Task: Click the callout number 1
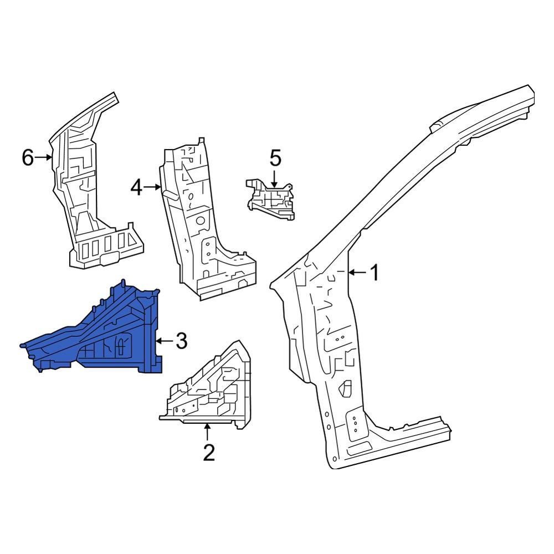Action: click(x=375, y=273)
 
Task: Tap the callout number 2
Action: click(x=208, y=453)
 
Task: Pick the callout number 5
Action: click(x=275, y=158)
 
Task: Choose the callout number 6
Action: click(x=28, y=158)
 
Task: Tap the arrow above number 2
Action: click(x=208, y=432)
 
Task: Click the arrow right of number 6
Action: click(x=44, y=158)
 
